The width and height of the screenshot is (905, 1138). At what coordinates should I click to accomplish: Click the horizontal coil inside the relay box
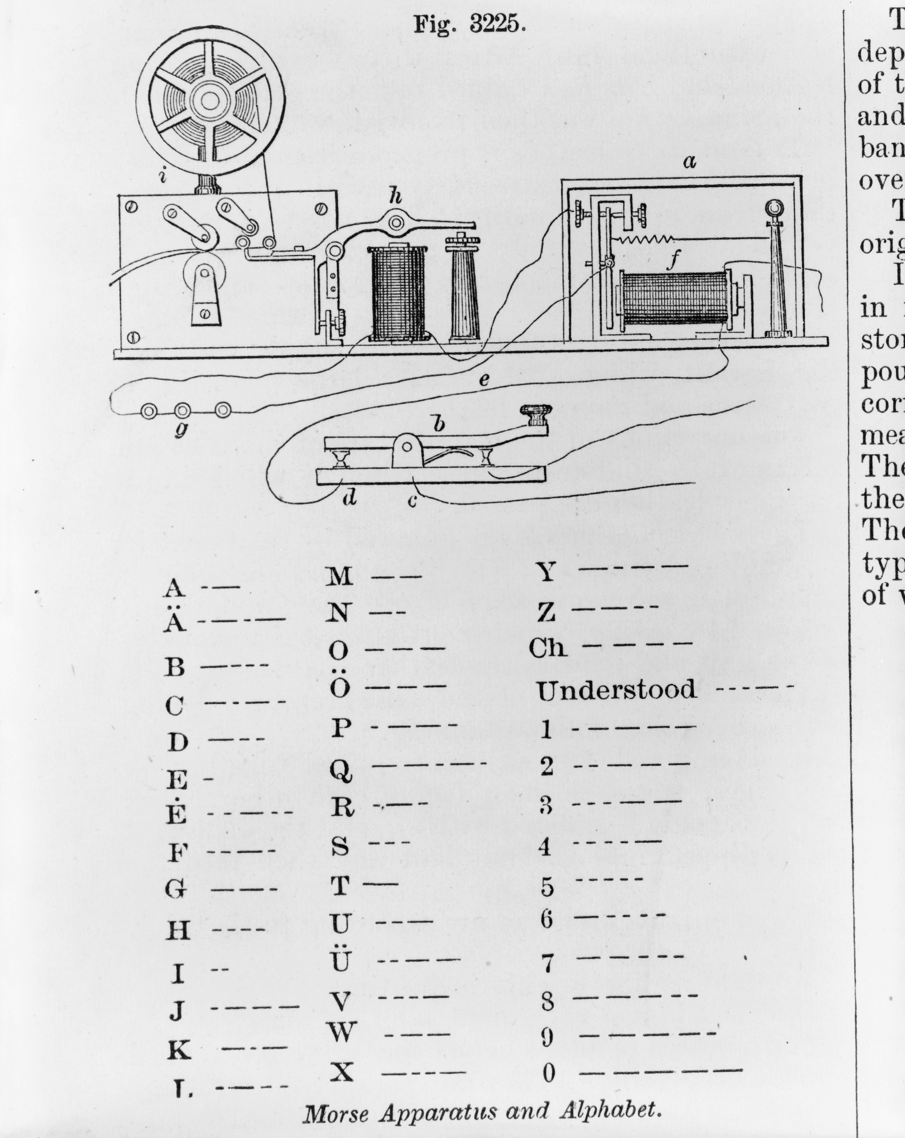click(x=672, y=302)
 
